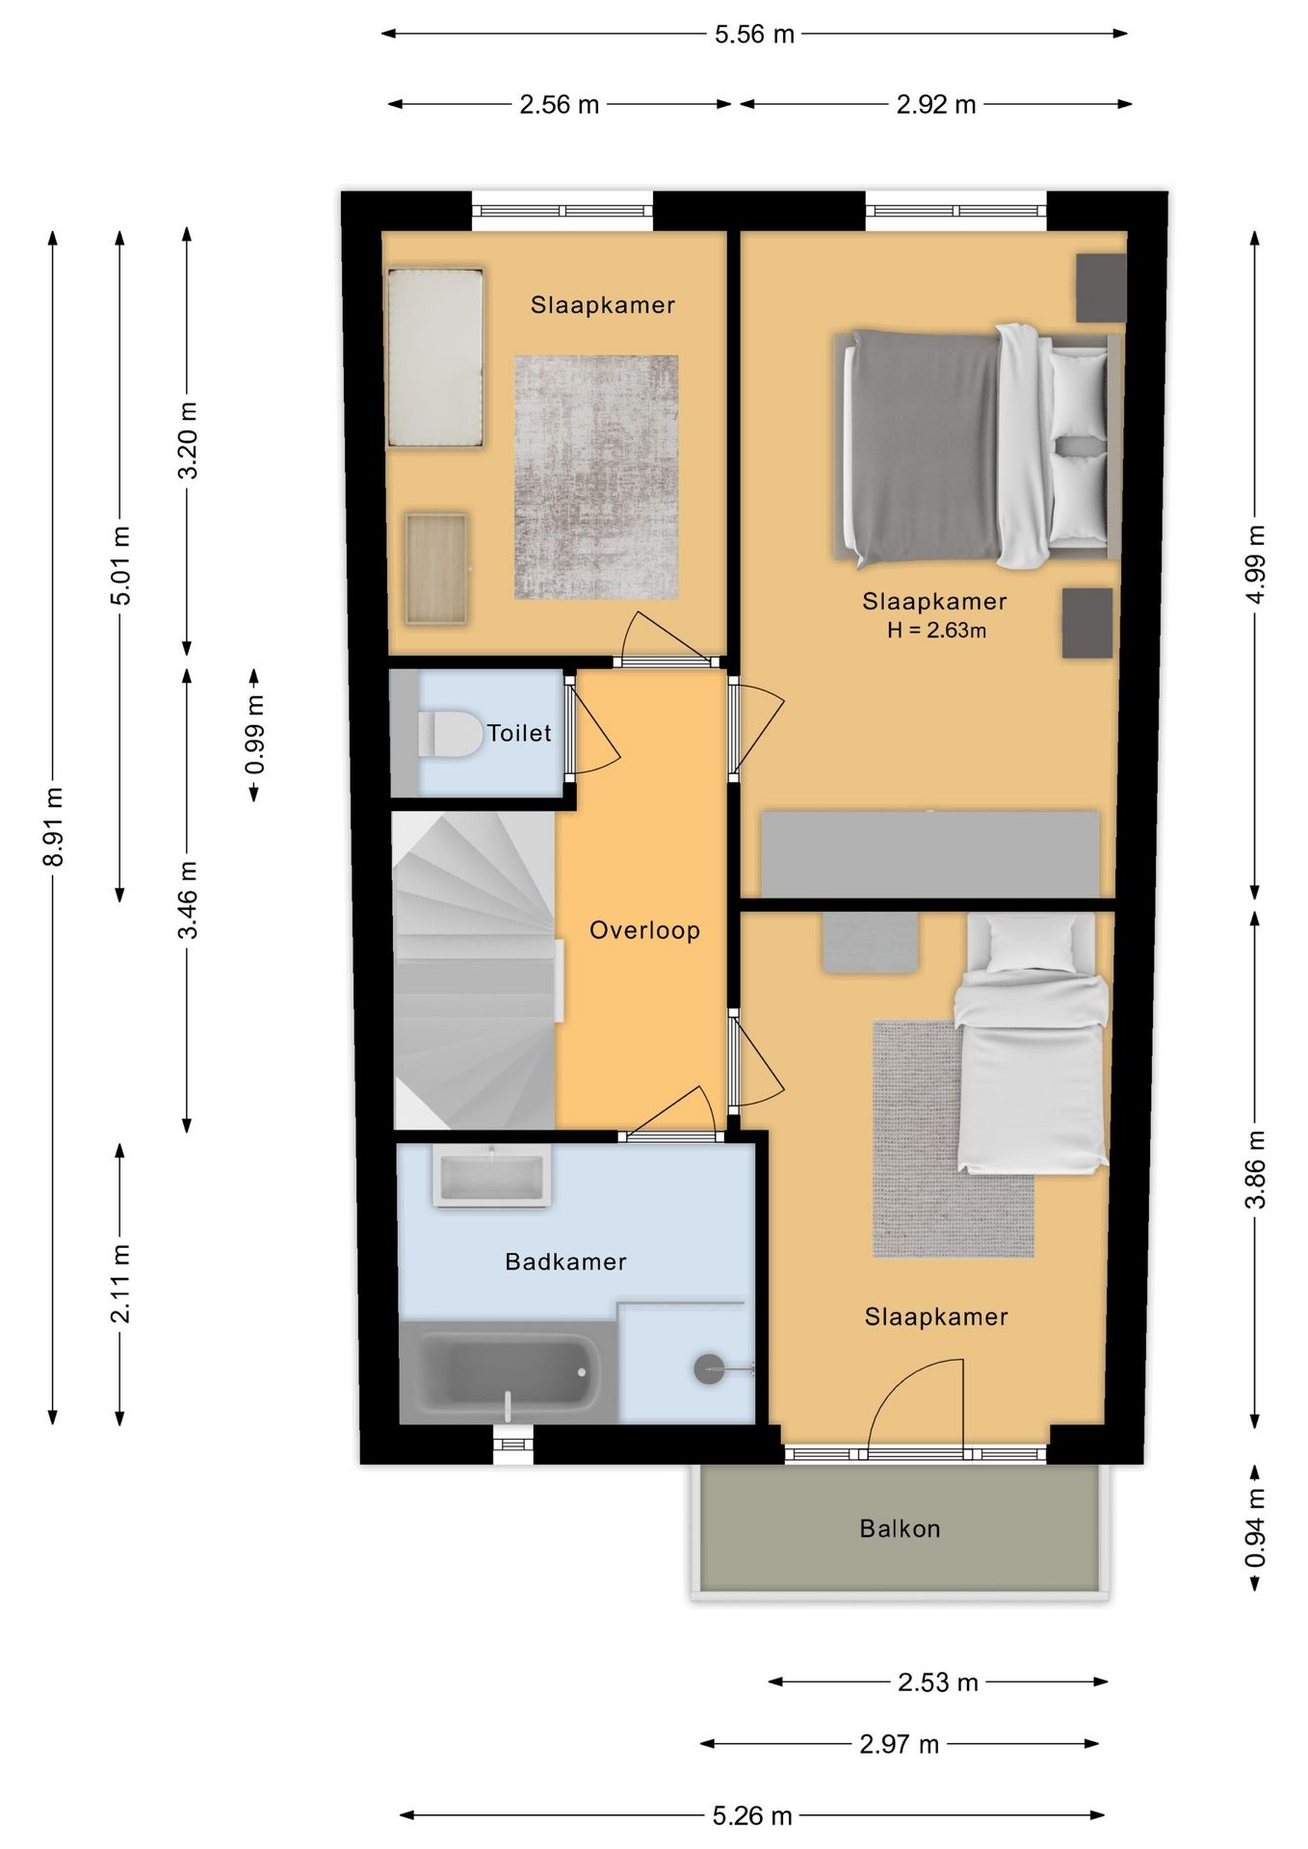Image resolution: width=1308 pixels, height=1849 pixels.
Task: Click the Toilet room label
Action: point(519,733)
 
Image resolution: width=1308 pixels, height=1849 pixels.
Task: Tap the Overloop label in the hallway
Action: point(644,930)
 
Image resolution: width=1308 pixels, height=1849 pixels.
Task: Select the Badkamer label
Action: point(565,1262)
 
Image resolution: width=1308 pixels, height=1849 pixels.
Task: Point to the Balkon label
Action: point(900,1528)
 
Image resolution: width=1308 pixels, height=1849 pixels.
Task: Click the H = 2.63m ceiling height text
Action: point(936,631)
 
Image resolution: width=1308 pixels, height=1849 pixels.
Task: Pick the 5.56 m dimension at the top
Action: point(754,35)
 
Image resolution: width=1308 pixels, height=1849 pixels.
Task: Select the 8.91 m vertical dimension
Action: point(54,826)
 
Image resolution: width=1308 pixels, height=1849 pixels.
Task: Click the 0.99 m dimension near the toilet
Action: point(254,735)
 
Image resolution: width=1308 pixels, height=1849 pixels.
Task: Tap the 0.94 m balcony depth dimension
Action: point(1255,1528)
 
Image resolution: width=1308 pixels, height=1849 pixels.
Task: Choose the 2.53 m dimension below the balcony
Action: point(938,1682)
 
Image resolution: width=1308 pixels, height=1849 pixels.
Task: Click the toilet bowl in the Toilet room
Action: point(450,734)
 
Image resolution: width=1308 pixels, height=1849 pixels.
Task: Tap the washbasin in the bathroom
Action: point(491,1176)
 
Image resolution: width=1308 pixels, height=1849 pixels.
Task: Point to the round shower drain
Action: point(710,1369)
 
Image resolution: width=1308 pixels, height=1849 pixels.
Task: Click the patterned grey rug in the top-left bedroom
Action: point(596,478)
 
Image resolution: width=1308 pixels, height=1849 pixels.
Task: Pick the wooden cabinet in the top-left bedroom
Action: point(436,569)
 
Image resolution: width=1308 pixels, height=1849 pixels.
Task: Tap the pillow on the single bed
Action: point(1031,943)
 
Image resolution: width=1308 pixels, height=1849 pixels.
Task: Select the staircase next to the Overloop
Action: point(474,971)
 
